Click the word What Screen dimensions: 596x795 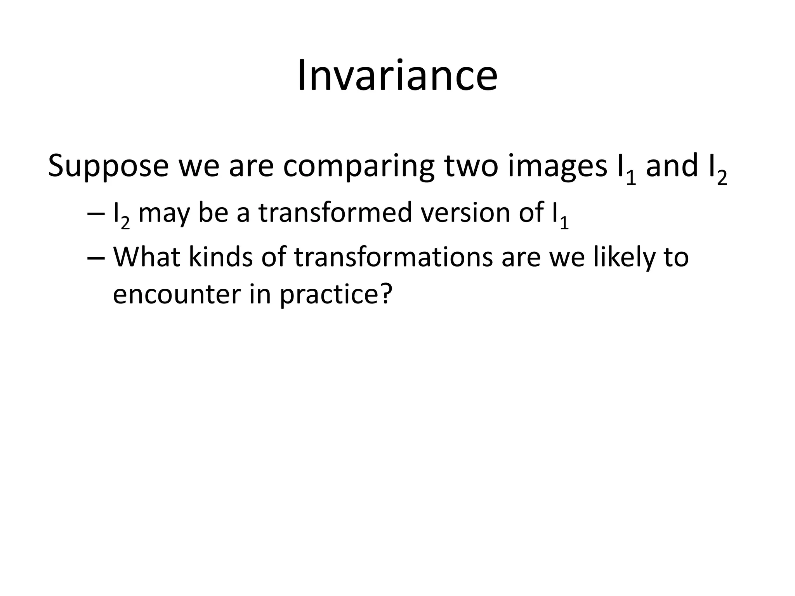(x=146, y=257)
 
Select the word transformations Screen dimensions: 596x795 (x=393, y=257)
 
